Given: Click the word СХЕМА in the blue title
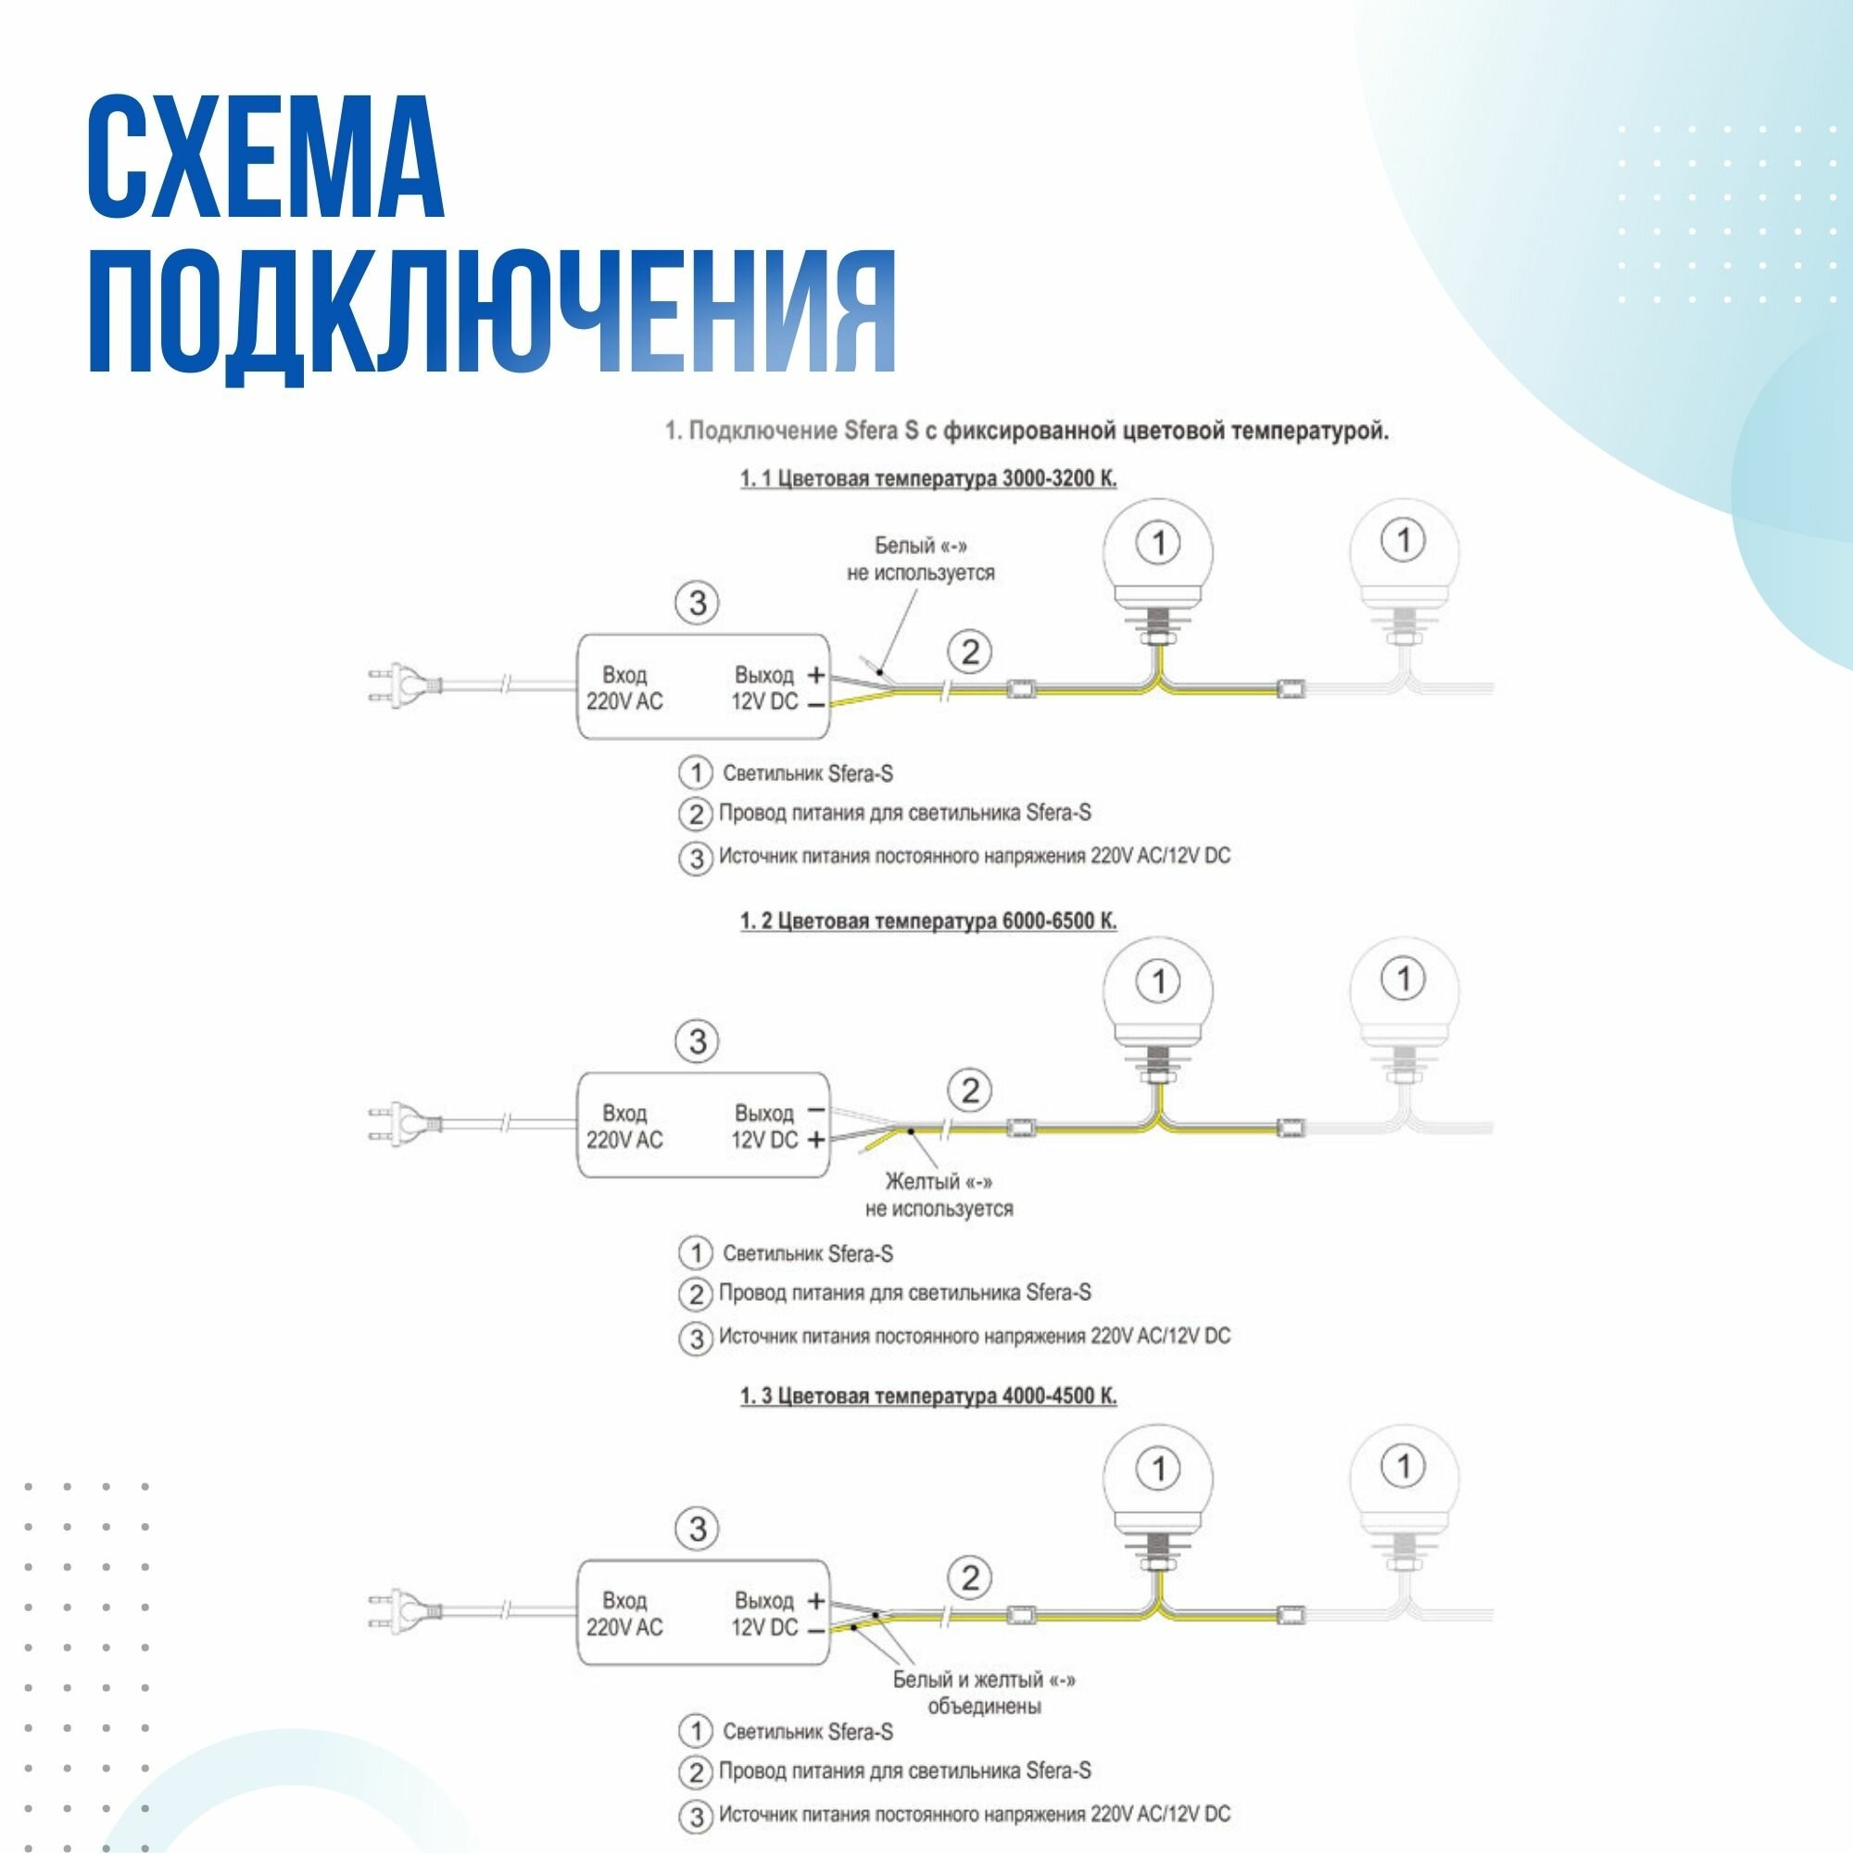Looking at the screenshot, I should (x=266, y=156).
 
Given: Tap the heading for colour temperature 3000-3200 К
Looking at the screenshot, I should (x=928, y=478).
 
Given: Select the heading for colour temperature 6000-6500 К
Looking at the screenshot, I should (x=928, y=921).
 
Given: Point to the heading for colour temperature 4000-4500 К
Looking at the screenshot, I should (x=928, y=1395).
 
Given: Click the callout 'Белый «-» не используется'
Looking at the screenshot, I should (x=920, y=560).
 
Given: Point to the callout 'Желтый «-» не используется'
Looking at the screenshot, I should (x=938, y=1194).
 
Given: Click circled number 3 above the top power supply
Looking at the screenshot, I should (x=698, y=603).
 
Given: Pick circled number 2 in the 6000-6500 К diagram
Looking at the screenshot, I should (x=970, y=1090).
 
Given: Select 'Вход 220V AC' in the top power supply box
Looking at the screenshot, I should (x=624, y=687).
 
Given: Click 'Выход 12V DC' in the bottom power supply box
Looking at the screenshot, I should (x=764, y=1613).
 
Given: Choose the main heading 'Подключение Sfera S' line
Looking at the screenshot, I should (x=1027, y=432).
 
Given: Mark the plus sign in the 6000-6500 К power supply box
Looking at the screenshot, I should (x=815, y=1140).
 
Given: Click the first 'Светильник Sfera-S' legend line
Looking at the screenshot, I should (x=808, y=773).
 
